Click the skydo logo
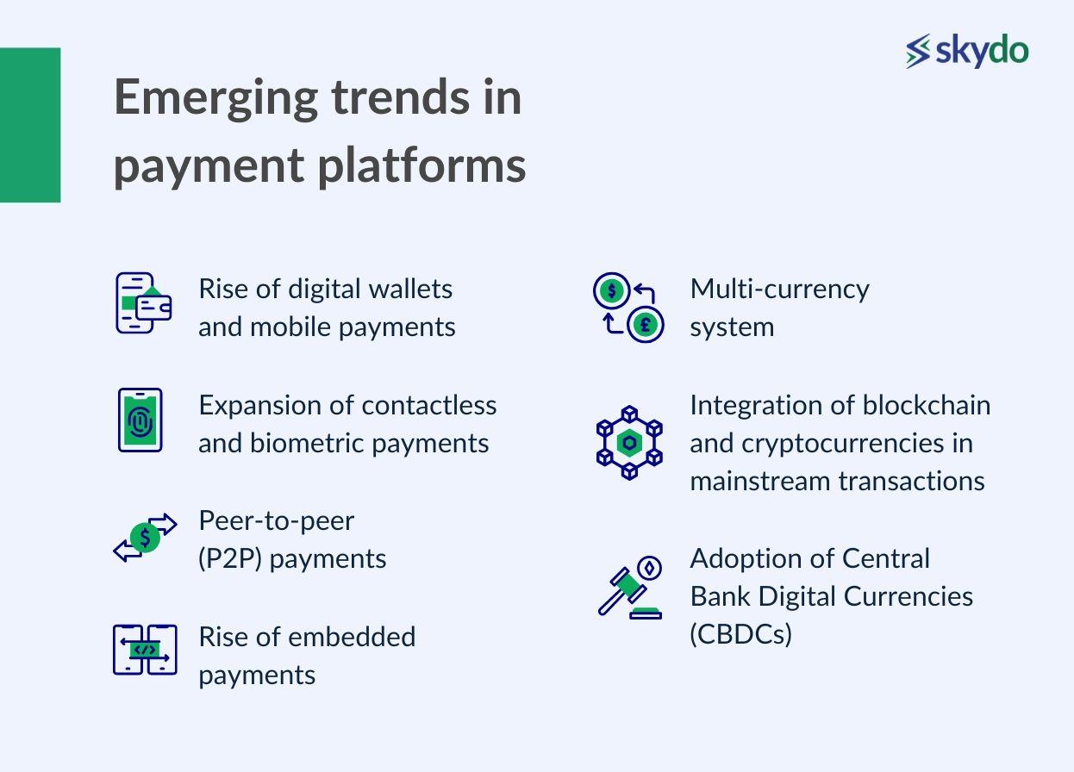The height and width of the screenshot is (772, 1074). coord(967,51)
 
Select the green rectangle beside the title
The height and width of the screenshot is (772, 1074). coord(30,125)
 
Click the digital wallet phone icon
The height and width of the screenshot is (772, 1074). coord(143,303)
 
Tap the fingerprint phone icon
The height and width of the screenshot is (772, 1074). coord(140,420)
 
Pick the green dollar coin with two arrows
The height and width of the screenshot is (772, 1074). coord(145,537)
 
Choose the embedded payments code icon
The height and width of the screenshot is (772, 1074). coord(145,650)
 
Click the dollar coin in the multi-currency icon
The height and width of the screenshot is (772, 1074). coord(611,290)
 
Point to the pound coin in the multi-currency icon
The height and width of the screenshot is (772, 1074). coord(646,325)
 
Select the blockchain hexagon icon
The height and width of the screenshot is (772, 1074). coord(629,443)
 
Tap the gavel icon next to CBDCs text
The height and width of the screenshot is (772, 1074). coord(630,588)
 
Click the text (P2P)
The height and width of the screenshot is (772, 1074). coord(230,559)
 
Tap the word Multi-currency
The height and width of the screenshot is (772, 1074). coord(779,290)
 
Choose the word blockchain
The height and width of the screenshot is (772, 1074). coord(927,406)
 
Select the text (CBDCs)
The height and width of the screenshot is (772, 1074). coord(740,634)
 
